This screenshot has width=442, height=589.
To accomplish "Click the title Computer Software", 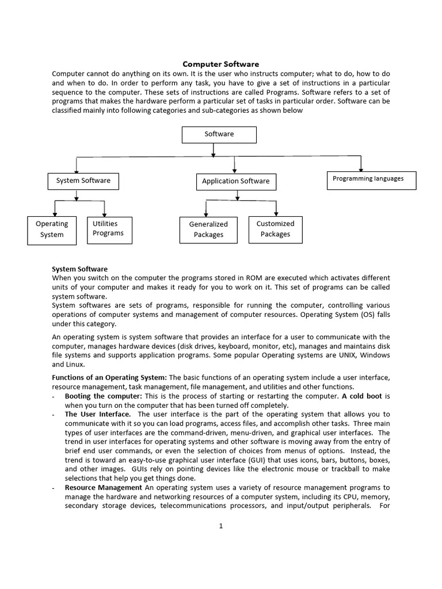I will point(221,64).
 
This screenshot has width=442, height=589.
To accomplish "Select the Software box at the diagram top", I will point(219,134).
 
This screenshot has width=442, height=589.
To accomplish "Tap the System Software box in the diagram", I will point(83,181).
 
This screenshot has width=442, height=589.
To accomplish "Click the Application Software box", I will point(235,182).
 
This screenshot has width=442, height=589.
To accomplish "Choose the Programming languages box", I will point(368,179).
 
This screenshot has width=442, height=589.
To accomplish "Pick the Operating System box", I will point(52,230).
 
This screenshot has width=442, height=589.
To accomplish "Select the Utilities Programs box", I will point(108,229).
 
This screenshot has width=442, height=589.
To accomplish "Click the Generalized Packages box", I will point(208,230).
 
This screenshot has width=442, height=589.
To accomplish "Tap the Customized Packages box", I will point(276,229).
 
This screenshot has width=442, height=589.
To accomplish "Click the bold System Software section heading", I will point(79,269).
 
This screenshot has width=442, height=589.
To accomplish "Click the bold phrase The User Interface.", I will point(97,414).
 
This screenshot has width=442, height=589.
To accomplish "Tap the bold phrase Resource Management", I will point(103,487).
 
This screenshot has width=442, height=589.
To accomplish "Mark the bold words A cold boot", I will point(362,396).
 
